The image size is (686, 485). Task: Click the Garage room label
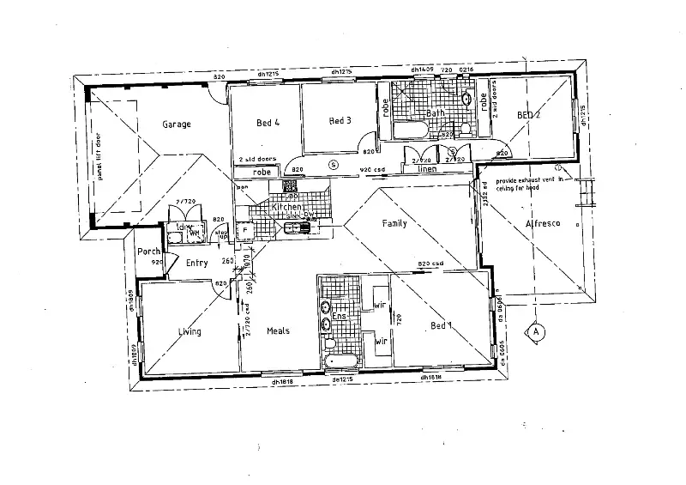click(177, 124)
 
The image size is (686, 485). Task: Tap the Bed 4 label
click(268, 123)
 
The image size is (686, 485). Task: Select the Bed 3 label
click(340, 121)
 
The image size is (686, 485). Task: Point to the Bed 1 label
click(440, 325)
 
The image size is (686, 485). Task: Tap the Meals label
click(278, 331)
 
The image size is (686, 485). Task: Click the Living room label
click(190, 331)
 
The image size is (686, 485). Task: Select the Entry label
click(196, 264)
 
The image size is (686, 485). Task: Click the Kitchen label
click(286, 209)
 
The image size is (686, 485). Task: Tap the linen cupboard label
click(427, 169)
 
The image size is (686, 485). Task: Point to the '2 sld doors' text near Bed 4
click(257, 160)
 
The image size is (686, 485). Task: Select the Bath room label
click(436, 113)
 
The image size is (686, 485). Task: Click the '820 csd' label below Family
click(430, 264)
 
